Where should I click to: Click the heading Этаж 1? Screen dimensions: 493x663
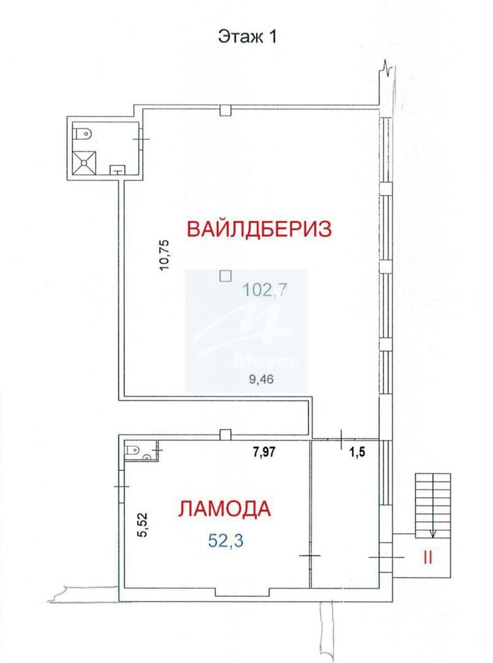(x=247, y=36)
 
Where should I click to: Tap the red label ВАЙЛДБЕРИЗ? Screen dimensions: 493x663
(x=259, y=229)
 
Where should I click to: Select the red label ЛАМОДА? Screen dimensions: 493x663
(x=224, y=508)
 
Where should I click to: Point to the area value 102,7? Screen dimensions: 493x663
(x=265, y=290)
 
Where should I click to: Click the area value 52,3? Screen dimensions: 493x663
(x=225, y=541)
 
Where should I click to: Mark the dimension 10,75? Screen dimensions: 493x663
(x=165, y=255)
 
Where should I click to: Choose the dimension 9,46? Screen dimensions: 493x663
(x=262, y=379)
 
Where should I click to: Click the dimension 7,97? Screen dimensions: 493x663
(x=264, y=452)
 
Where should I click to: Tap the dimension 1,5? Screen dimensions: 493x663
(x=357, y=452)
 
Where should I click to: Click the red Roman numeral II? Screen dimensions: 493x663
(x=427, y=558)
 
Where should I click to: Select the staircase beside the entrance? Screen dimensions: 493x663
(x=433, y=506)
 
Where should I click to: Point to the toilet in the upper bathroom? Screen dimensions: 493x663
(x=82, y=134)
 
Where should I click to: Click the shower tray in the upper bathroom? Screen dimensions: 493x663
(x=85, y=163)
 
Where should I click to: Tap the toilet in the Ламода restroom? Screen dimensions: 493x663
(x=133, y=449)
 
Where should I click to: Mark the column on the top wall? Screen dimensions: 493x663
(x=226, y=110)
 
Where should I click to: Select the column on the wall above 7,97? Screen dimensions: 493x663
(x=226, y=435)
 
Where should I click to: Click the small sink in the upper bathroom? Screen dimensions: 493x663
(x=117, y=170)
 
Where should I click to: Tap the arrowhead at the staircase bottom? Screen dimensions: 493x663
(x=432, y=535)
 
